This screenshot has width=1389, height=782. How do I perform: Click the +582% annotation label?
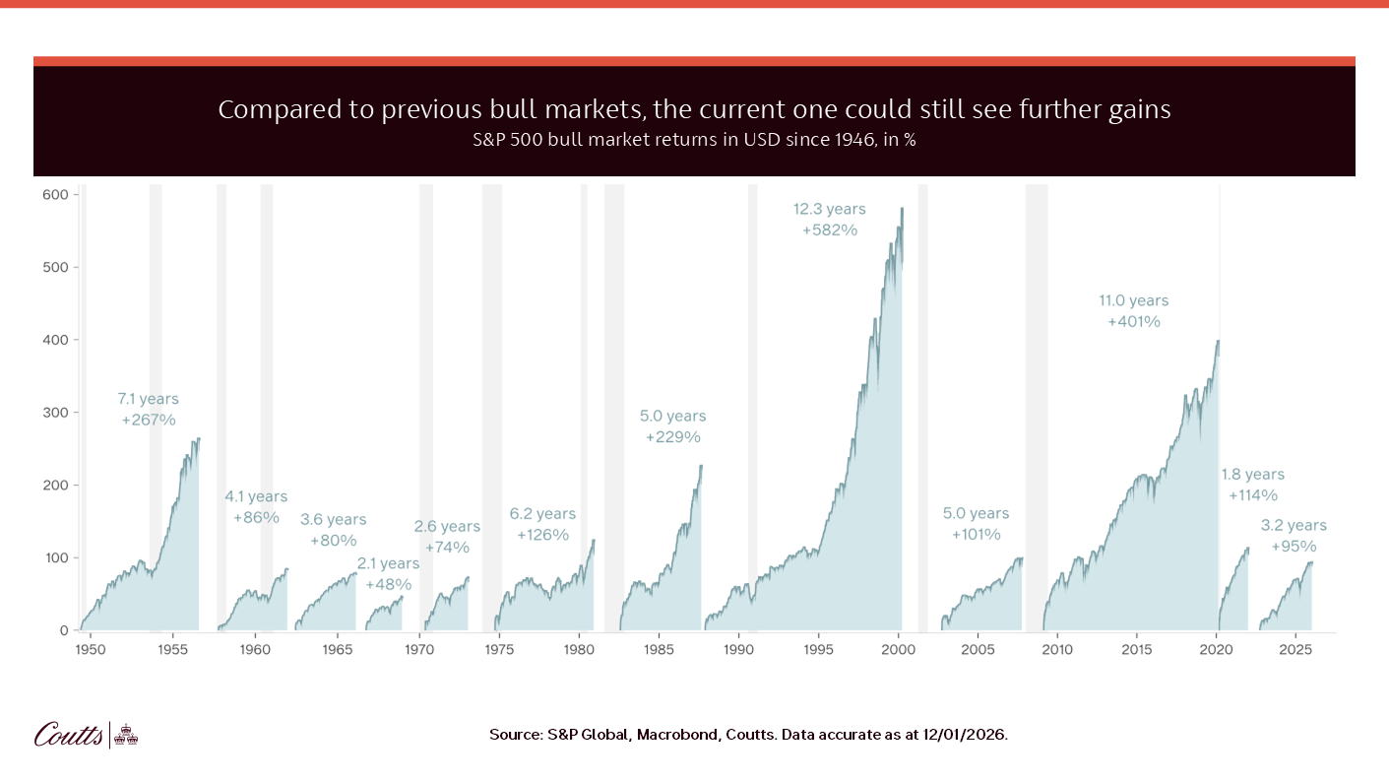[829, 229]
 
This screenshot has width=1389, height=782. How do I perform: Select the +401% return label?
[1133, 321]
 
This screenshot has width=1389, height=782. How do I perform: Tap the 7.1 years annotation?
[148, 399]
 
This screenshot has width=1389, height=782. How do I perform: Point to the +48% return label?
[388, 584]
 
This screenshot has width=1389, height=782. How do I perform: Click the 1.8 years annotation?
[1252, 474]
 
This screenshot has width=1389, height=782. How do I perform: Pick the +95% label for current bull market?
[1293, 546]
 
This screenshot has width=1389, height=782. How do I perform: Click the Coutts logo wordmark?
[68, 734]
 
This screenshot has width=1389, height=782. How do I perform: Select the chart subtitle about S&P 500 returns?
[694, 140]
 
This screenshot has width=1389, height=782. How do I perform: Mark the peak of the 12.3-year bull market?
[901, 208]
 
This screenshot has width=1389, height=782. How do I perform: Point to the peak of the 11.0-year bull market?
[1218, 341]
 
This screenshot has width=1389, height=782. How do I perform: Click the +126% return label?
[542, 535]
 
